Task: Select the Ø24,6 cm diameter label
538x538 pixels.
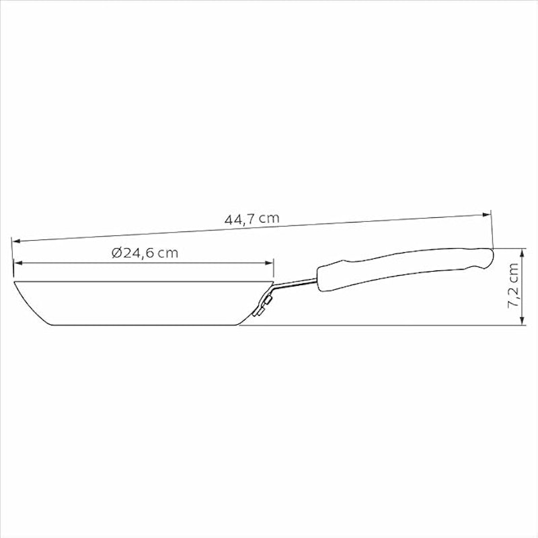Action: coord(145,254)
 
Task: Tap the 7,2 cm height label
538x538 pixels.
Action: coord(513,285)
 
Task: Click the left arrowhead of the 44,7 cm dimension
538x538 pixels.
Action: coord(16,241)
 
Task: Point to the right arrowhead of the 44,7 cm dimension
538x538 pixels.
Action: coord(487,215)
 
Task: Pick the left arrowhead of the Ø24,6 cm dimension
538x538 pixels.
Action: coord(18,263)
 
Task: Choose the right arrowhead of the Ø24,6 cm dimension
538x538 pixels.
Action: coord(270,263)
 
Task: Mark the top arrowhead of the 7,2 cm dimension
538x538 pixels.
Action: coord(523,253)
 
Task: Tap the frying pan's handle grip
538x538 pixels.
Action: coord(405,268)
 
